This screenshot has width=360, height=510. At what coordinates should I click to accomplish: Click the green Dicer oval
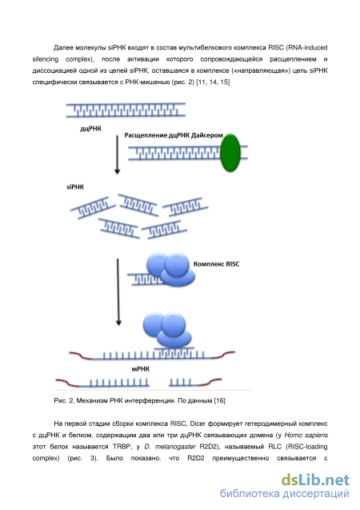click(x=230, y=153)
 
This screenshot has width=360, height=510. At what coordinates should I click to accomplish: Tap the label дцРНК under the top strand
click(x=90, y=129)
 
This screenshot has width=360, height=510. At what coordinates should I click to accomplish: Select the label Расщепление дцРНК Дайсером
click(x=174, y=135)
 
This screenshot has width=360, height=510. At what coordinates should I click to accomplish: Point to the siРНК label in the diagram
click(x=75, y=187)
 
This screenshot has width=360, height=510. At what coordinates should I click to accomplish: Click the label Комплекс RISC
click(x=216, y=264)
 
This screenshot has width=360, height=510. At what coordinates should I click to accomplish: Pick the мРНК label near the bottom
click(x=140, y=369)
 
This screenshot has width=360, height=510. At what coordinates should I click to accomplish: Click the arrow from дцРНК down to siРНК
click(x=118, y=155)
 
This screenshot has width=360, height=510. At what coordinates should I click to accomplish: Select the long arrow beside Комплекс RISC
click(x=118, y=291)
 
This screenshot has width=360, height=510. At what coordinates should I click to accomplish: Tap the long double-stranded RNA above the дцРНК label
click(x=126, y=110)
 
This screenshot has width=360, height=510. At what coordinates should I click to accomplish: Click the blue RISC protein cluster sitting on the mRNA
click(x=167, y=330)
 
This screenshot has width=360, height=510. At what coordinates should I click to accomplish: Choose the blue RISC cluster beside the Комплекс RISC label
click(x=171, y=270)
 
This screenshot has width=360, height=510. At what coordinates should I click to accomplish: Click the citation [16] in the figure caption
click(x=220, y=400)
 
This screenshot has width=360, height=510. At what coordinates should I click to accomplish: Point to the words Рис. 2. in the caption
click(x=64, y=400)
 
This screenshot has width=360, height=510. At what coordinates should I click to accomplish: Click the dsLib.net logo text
click(x=315, y=480)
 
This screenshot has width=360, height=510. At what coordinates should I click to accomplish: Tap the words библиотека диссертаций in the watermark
click(x=285, y=494)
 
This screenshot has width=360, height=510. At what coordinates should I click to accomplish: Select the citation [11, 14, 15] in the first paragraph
click(x=213, y=82)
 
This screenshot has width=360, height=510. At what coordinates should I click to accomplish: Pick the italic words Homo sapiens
click(x=306, y=436)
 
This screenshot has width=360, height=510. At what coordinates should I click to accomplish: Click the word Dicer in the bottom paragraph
click(x=198, y=424)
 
